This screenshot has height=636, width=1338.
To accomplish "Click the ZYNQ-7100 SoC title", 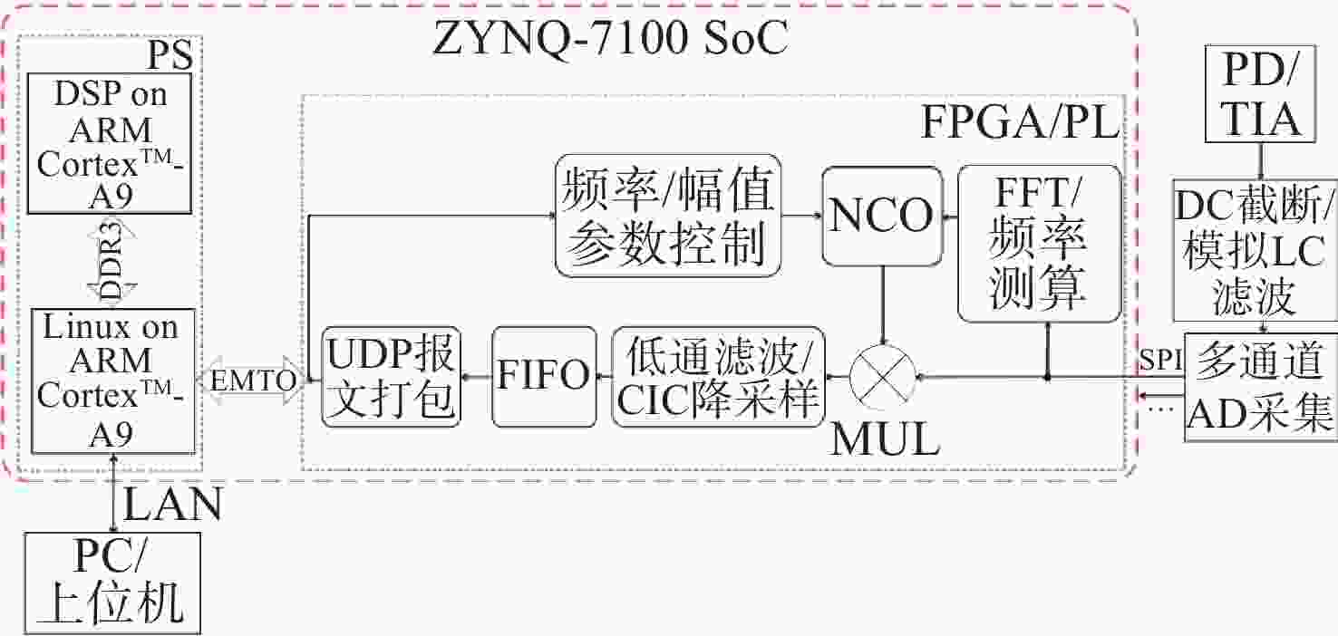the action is (610, 38).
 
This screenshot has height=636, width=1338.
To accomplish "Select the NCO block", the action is (882, 216).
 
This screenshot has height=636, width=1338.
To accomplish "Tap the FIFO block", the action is (544, 376).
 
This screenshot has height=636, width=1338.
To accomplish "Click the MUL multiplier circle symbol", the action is (883, 377).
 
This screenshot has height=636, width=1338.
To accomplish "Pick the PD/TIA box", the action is (1260, 93).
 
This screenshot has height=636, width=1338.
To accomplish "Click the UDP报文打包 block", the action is (392, 376).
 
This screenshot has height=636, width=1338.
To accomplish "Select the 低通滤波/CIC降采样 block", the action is (719, 376).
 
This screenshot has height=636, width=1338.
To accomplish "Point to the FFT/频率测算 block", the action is (1040, 244).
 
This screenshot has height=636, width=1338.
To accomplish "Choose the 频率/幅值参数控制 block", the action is (668, 216).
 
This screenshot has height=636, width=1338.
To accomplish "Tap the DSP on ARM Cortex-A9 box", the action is (110, 143).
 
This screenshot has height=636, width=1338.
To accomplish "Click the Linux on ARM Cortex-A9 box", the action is (113, 381).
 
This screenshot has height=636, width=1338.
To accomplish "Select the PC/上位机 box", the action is (112, 583).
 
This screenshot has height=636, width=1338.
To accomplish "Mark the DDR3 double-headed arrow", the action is (111, 261).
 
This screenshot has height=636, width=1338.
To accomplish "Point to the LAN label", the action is (172, 505).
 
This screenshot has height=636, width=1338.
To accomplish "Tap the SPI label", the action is (1160, 360).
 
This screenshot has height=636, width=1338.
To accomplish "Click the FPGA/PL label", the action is (1020, 122).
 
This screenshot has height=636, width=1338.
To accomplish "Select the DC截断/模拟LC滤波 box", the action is (1255, 250).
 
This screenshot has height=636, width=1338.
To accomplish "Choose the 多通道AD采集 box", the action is (1261, 387).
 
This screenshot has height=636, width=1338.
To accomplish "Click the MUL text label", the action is (886, 438).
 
